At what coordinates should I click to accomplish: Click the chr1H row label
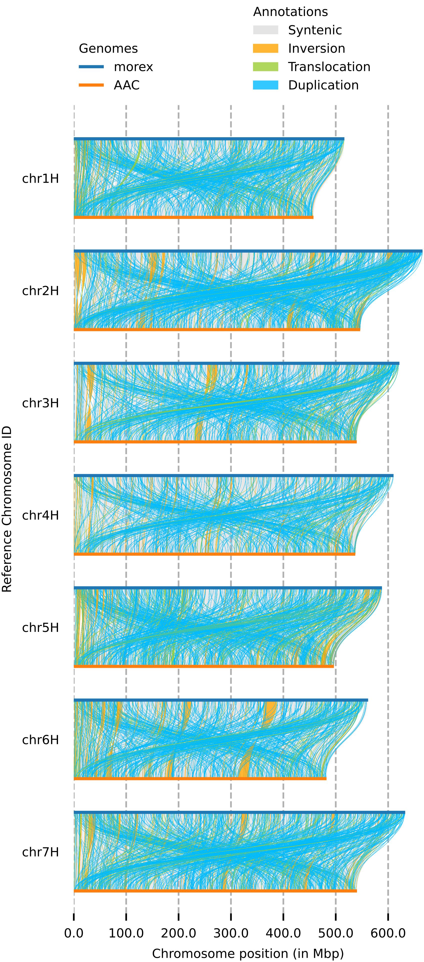[40, 178]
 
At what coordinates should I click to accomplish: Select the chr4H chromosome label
[40, 515]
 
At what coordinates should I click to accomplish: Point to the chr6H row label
[40, 740]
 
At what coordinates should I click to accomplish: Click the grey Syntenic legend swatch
[265, 30]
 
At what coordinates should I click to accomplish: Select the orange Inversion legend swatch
[265, 48]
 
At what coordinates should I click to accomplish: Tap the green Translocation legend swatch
[265, 66]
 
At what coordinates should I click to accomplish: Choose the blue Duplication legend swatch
[265, 85]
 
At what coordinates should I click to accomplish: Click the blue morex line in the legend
[91, 67]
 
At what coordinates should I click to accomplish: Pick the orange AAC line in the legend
[91, 85]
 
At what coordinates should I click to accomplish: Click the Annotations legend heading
[290, 11]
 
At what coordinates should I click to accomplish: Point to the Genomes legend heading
[108, 48]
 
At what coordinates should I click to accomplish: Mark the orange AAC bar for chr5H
[203, 666]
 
